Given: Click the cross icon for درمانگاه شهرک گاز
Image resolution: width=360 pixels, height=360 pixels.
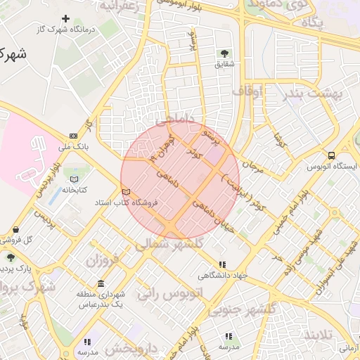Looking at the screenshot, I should coord(66,19).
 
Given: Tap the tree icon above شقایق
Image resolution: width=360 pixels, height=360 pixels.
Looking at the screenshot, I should coord(224,53).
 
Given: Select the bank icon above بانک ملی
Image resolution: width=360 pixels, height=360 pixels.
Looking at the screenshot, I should coord(74,136).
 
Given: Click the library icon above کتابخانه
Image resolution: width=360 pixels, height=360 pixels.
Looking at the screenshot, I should coord(75,179).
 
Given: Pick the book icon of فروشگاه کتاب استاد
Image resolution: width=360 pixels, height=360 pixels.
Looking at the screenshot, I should coord(127,191).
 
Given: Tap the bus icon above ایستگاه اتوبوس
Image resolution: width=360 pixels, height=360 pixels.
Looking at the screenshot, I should coord(331,156).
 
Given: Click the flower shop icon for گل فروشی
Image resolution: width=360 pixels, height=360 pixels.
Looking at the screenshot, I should coord(15,230).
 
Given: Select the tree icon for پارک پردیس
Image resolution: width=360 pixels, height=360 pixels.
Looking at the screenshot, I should coord(10,257).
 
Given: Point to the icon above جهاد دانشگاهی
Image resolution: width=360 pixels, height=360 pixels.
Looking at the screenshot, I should coord(222,264).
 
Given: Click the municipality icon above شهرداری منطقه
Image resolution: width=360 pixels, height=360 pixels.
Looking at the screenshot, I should coord(101,284).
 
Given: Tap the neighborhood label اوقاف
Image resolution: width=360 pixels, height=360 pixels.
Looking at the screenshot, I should coord(247,91).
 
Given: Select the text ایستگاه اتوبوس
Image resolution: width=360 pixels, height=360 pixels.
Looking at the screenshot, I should coord(332,167).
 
